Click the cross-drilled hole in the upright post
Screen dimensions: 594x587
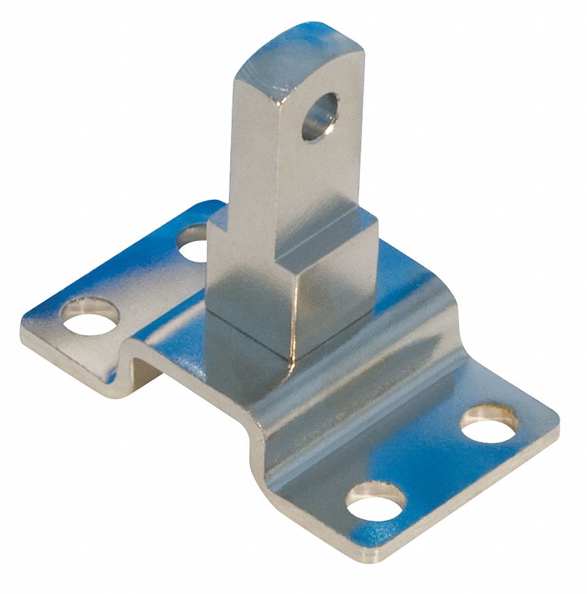320,116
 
